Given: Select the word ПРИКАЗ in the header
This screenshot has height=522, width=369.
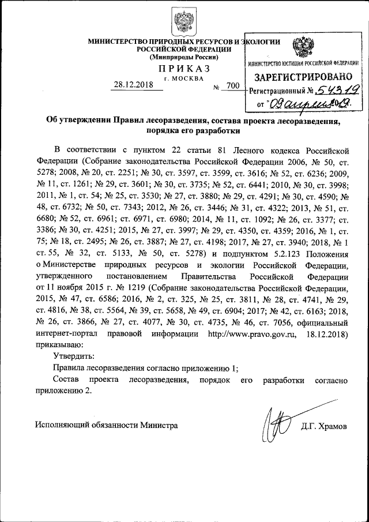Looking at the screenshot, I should tap(184, 68).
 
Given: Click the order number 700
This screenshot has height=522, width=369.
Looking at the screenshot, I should tap(233, 86).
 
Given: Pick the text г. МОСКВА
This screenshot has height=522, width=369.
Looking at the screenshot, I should tap(184, 78).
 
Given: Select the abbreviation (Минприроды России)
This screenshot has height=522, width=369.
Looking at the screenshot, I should tap(184, 57).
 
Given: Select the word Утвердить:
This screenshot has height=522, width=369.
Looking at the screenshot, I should tap(74, 357).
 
